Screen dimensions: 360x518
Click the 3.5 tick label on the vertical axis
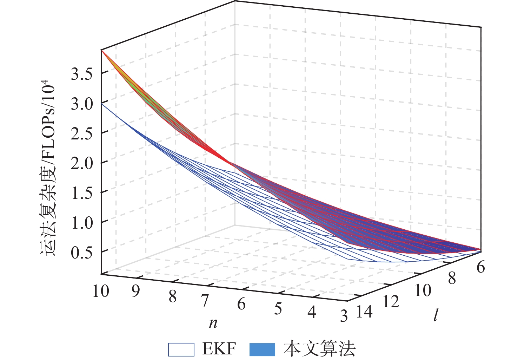click(x=81, y=74)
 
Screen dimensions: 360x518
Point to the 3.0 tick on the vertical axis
click(x=81, y=105)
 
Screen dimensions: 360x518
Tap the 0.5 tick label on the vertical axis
click(x=81, y=253)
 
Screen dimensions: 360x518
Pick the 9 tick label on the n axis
click(x=135, y=292)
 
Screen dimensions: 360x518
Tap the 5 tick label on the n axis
click(x=278, y=309)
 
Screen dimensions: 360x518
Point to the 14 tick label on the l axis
click(x=364, y=312)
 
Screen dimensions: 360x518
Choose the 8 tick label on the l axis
click(x=452, y=278)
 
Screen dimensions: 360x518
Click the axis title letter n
click(x=213, y=323)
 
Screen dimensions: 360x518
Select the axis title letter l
click(x=436, y=315)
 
